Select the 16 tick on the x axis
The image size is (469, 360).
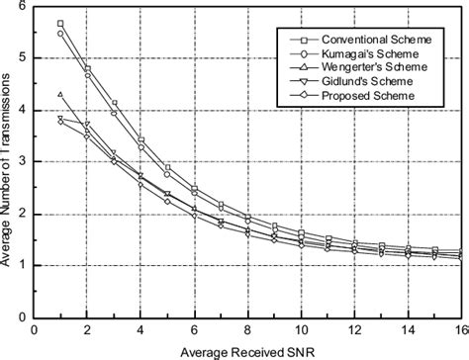click(x=459, y=330)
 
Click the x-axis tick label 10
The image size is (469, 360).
click(x=300, y=330)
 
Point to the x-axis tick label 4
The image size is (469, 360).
click(x=141, y=330)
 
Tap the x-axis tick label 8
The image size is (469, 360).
click(x=247, y=330)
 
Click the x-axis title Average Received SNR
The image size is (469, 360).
click(x=247, y=351)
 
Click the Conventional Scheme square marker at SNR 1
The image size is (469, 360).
click(x=60, y=23)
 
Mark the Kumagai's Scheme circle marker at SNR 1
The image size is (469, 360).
click(x=60, y=33)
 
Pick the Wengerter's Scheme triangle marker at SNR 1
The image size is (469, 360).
click(x=60, y=95)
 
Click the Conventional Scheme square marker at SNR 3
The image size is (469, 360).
click(x=114, y=103)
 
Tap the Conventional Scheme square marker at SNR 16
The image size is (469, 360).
click(x=459, y=250)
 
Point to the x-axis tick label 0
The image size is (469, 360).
click(x=35, y=330)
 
